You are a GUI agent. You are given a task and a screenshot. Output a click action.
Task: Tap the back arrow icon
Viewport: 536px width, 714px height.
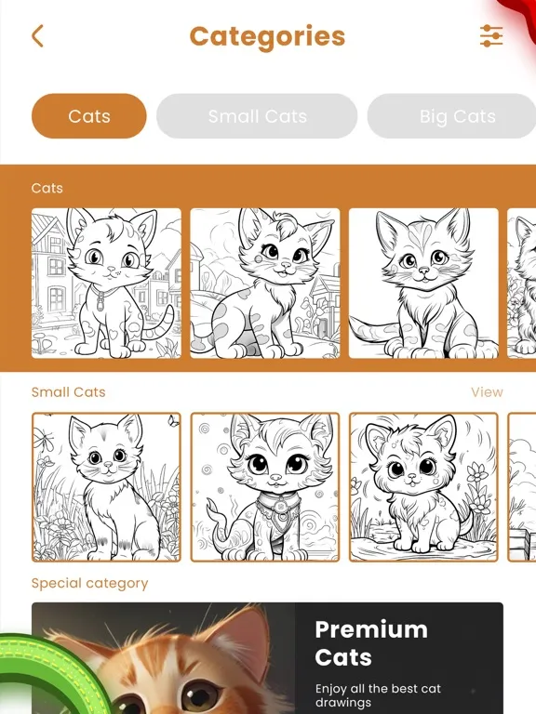tap(37, 36)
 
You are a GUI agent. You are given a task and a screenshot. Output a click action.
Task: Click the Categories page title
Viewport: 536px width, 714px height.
tap(267, 36)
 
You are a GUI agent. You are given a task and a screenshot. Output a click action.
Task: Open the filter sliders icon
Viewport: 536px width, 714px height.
tap(490, 36)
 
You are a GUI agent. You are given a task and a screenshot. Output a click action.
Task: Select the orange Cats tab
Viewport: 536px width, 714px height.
tap(89, 116)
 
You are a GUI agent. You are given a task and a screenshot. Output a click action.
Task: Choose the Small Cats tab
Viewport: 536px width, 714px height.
tap(257, 116)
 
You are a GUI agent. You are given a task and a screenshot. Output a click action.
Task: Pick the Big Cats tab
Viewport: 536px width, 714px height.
tap(456, 116)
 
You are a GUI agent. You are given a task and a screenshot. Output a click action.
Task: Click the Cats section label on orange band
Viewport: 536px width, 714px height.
tap(47, 188)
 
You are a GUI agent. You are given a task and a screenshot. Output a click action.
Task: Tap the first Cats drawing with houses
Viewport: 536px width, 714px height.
tap(106, 283)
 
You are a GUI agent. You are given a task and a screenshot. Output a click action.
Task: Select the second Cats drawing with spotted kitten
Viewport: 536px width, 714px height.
tap(265, 283)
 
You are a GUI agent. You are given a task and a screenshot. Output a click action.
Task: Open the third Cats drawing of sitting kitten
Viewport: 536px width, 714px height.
tap(423, 283)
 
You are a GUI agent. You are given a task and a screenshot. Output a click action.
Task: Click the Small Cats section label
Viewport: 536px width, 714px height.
tap(69, 391)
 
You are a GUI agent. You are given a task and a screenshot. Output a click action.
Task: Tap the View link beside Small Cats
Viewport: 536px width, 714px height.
tap(487, 391)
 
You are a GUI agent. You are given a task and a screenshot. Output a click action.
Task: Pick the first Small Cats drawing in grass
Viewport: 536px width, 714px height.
tap(106, 487)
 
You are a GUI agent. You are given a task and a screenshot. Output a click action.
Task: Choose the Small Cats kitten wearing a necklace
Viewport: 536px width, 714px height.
tap(265, 487)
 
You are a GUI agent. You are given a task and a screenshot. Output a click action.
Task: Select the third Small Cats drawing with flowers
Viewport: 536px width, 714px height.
tap(423, 487)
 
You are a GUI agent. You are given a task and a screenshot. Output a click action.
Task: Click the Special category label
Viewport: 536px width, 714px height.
tap(89, 583)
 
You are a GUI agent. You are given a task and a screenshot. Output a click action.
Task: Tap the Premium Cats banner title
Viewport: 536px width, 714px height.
tap(370, 643)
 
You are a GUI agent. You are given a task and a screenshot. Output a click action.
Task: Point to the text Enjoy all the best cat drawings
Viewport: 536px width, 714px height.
tap(378, 695)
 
